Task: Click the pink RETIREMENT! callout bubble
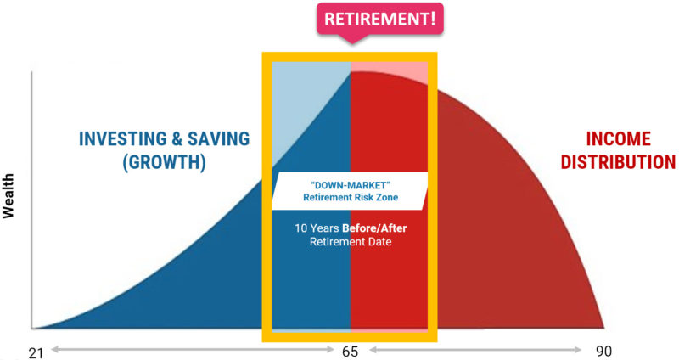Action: (379, 20)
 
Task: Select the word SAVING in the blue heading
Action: (219, 138)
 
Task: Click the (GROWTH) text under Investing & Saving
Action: (164, 162)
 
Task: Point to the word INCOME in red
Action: (619, 138)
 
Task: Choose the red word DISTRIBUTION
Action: (619, 162)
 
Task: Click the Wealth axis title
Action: (8, 196)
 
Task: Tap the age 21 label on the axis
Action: (36, 352)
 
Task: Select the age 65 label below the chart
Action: (350, 352)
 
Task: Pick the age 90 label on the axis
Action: (603, 351)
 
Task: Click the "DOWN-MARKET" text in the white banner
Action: (351, 185)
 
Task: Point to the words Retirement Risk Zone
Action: (351, 198)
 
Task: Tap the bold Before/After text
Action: (374, 228)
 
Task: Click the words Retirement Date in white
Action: (351, 242)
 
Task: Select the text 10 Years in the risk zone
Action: (317, 228)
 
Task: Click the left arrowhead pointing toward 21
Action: (54, 349)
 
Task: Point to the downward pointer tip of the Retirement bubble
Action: (352, 43)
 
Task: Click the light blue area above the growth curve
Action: (303, 99)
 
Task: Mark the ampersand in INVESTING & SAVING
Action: (177, 138)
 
